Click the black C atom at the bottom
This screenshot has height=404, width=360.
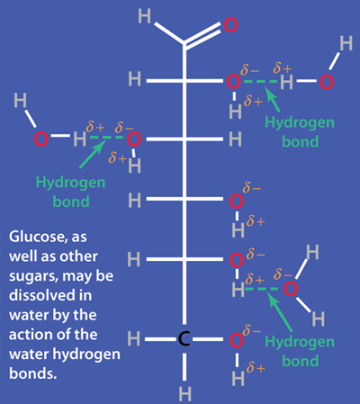[184, 339]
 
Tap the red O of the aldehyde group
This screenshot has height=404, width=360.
[230, 25]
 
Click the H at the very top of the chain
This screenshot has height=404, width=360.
[144, 16]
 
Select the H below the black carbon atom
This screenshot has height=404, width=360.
[184, 393]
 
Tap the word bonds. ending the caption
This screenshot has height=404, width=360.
[33, 373]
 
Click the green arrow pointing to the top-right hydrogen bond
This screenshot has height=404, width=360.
[273, 99]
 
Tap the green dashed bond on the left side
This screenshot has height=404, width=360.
[106, 138]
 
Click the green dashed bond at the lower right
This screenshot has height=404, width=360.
[262, 289]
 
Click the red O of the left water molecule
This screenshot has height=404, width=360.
[40, 139]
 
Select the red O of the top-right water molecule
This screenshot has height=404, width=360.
[327, 82]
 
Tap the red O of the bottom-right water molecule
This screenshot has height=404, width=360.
[291, 289]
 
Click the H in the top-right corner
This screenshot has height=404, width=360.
[346, 43]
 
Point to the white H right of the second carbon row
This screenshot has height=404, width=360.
[235, 139]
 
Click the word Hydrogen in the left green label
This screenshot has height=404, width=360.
[70, 183]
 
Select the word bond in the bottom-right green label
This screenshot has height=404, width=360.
[301, 361]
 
